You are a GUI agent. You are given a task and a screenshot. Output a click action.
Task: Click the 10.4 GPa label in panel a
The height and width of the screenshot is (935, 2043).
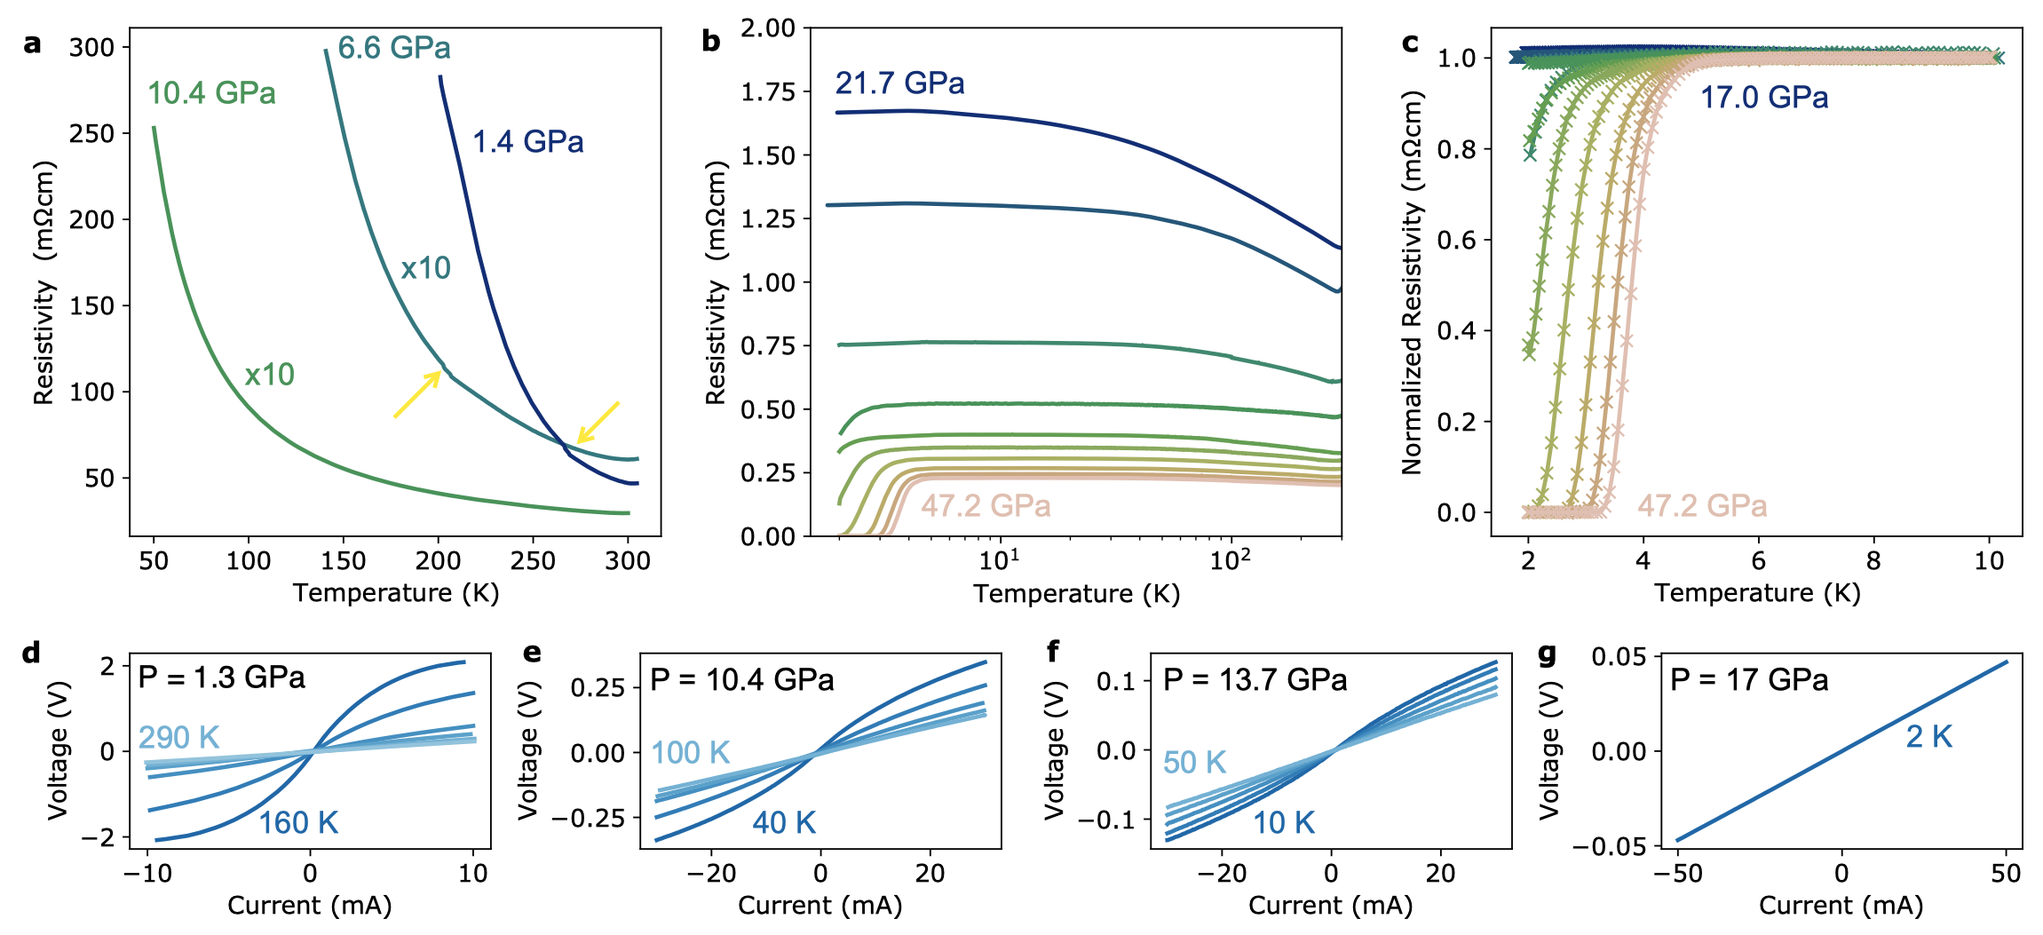pyautogui.click(x=211, y=93)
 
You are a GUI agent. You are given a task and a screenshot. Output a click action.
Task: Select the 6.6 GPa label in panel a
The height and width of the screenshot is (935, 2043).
pyautogui.click(x=394, y=48)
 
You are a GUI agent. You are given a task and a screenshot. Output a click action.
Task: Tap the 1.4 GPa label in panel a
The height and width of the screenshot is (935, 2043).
pyautogui.click(x=527, y=142)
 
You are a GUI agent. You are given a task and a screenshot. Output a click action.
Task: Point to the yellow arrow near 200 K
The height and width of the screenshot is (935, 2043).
pyautogui.click(x=417, y=394)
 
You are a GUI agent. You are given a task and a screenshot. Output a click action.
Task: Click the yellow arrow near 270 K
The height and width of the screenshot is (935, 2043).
pyautogui.click(x=598, y=422)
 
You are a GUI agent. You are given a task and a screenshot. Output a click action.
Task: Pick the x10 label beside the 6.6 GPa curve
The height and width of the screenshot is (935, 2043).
pyautogui.click(x=425, y=268)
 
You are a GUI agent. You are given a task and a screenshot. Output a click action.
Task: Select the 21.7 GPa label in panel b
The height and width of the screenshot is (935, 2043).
pyautogui.click(x=899, y=83)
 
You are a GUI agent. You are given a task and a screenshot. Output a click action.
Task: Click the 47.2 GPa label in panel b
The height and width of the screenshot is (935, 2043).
pyautogui.click(x=986, y=506)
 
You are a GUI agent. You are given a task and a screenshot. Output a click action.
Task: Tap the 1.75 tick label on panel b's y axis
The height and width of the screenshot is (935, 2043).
pyautogui.click(x=769, y=92)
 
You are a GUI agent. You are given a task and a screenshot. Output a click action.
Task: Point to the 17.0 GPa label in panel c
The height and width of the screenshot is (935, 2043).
pyautogui.click(x=1763, y=98)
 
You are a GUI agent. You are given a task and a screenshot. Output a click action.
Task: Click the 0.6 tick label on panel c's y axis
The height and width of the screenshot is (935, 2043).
pyautogui.click(x=1456, y=240)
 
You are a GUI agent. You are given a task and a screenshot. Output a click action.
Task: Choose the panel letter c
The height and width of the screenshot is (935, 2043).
pyautogui.click(x=1410, y=43)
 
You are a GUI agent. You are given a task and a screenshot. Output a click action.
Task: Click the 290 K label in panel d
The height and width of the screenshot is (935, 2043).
pyautogui.click(x=178, y=737)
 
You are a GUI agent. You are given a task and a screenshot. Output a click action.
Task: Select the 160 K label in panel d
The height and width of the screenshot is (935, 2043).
pyautogui.click(x=298, y=823)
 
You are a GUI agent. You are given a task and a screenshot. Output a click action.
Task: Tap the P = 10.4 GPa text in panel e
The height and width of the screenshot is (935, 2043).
pyautogui.click(x=742, y=680)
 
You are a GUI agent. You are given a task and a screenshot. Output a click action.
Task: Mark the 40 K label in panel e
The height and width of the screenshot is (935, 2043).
pyautogui.click(x=784, y=823)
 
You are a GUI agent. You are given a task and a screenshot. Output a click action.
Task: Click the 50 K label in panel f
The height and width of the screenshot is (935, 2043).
pyautogui.click(x=1194, y=763)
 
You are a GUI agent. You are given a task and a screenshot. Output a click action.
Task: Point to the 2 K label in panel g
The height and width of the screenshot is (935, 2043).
pyautogui.click(x=1928, y=737)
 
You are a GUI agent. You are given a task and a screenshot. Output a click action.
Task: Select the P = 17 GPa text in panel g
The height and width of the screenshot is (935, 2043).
pyautogui.click(x=1748, y=680)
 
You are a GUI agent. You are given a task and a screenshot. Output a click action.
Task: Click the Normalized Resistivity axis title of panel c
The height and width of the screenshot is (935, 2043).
pyautogui.click(x=1412, y=282)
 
